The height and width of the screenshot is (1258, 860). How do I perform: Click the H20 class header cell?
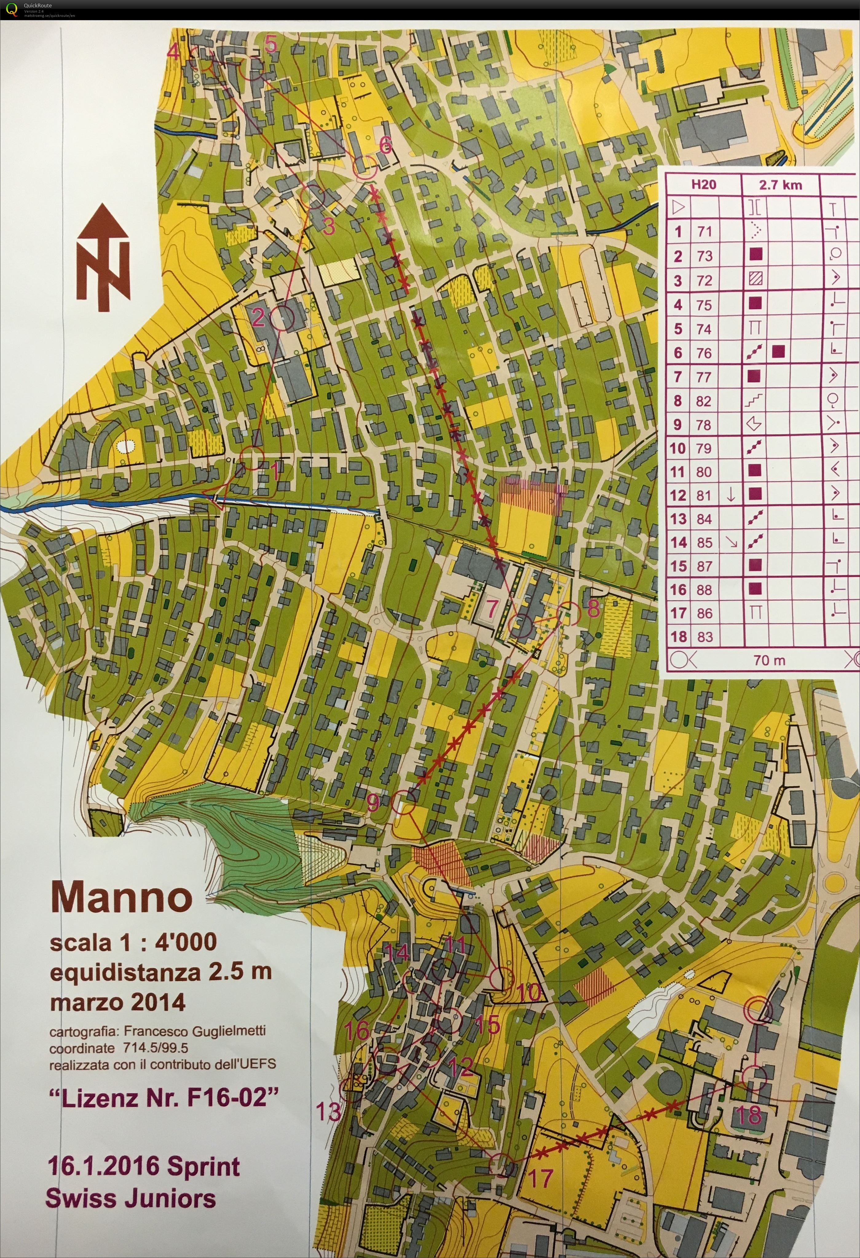coord(704,185)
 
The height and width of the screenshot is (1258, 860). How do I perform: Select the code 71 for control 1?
coord(704,232)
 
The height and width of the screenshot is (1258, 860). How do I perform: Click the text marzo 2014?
coord(117,1002)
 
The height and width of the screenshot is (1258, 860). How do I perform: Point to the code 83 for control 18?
coord(704,637)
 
